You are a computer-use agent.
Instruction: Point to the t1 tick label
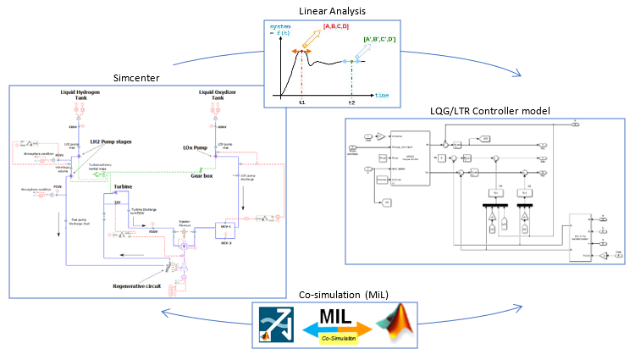point(301,102)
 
